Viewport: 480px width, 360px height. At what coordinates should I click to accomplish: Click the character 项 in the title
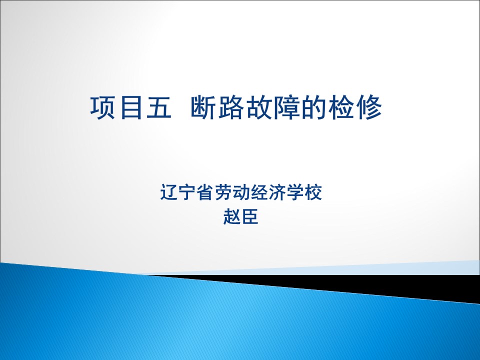[103, 107]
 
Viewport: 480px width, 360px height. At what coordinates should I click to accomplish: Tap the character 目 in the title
[131, 107]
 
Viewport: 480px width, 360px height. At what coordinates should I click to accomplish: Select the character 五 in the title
[158, 107]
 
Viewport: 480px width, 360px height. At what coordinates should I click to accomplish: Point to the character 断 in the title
[203, 107]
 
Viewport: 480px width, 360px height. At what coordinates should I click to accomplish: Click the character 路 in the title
[231, 107]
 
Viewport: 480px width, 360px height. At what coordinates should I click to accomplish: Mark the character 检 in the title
[341, 107]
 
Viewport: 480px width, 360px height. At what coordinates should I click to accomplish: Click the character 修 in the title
[369, 107]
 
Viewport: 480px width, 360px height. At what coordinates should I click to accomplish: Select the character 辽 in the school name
[169, 192]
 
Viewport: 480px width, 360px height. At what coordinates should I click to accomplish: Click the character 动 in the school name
[241, 192]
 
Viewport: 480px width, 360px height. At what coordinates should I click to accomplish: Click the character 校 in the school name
[313, 192]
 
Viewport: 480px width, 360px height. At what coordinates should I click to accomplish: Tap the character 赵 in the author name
[231, 216]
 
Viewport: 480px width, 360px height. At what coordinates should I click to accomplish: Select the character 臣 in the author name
[250, 216]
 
